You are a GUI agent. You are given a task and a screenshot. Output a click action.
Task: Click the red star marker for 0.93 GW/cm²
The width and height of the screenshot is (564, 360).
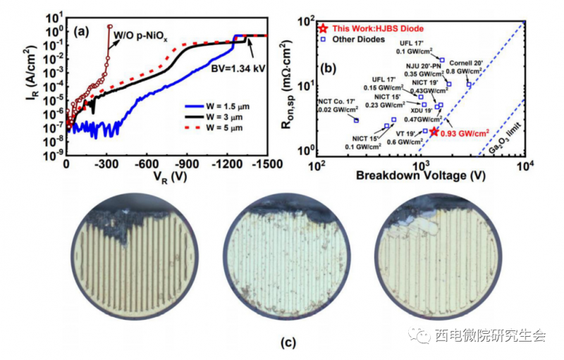[434, 132]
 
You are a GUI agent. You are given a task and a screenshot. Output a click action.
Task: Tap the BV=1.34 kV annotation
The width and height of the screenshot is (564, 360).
[234, 69]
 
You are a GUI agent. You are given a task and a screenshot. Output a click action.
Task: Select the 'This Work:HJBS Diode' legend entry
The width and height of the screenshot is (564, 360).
[373, 28]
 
